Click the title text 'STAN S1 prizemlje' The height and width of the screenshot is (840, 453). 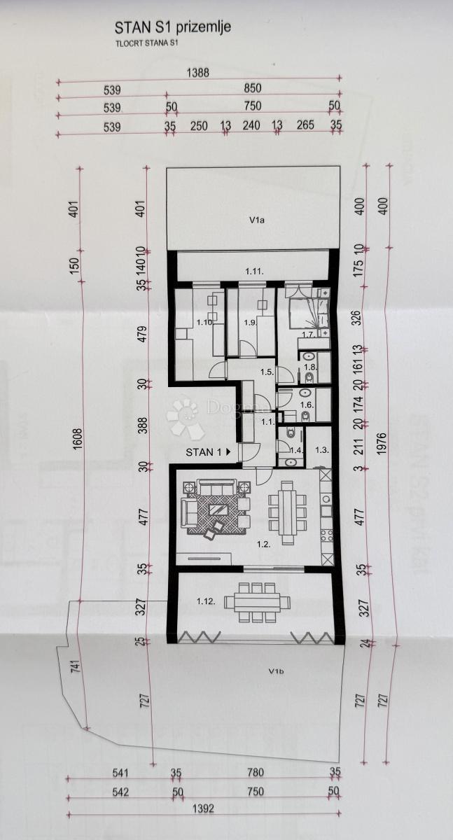172,28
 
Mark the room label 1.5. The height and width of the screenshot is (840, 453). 267,372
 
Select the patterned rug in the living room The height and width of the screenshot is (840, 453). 218,512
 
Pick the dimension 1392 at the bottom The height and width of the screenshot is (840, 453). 204,808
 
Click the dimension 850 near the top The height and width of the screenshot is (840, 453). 252,89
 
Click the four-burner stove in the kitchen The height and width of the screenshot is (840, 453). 326,538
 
